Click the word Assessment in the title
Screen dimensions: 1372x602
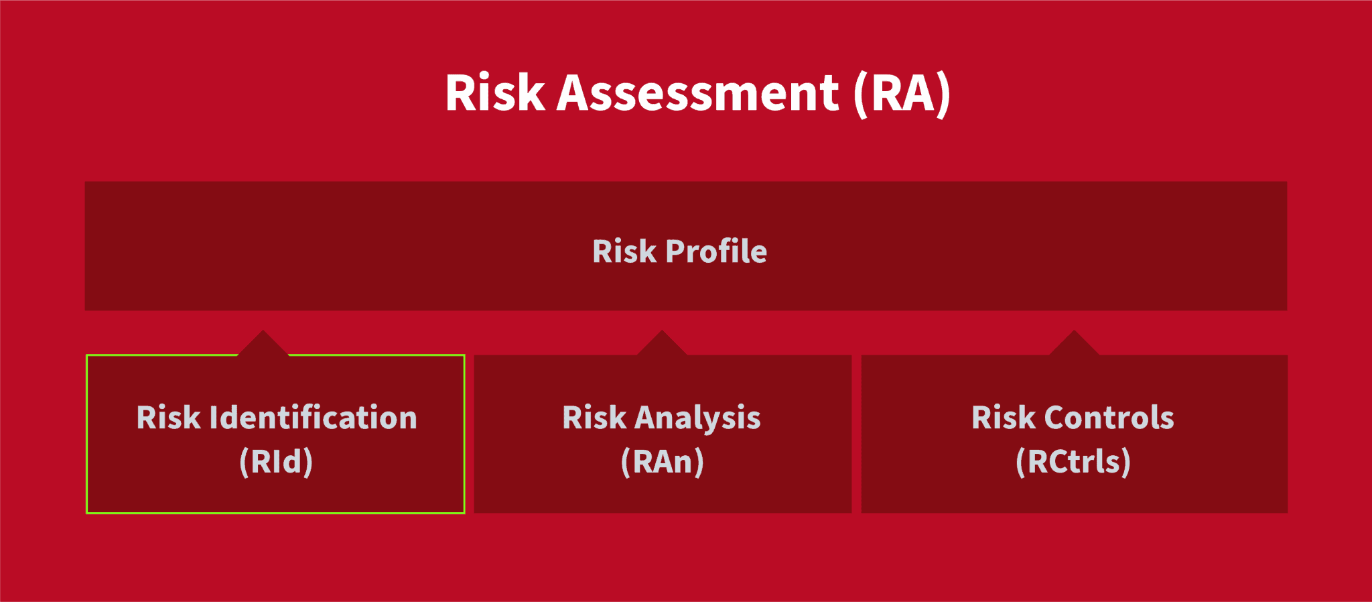click(697, 93)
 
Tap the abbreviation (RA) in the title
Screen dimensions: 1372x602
click(902, 94)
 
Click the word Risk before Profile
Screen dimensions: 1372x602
click(624, 251)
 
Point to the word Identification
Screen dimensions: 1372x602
click(314, 417)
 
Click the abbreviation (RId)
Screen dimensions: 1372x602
click(276, 462)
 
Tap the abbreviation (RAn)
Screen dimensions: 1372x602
click(662, 462)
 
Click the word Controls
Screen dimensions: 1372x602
click(1109, 417)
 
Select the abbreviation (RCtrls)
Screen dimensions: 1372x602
click(1073, 462)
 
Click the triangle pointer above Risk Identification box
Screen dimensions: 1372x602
click(263, 343)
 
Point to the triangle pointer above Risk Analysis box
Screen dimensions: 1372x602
click(662, 343)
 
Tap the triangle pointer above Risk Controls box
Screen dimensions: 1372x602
click(1074, 343)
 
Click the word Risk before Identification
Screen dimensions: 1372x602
click(168, 417)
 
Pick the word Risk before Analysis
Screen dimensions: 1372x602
click(594, 417)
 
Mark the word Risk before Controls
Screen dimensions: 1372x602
click(1004, 417)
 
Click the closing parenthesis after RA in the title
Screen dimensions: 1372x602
click(943, 95)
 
